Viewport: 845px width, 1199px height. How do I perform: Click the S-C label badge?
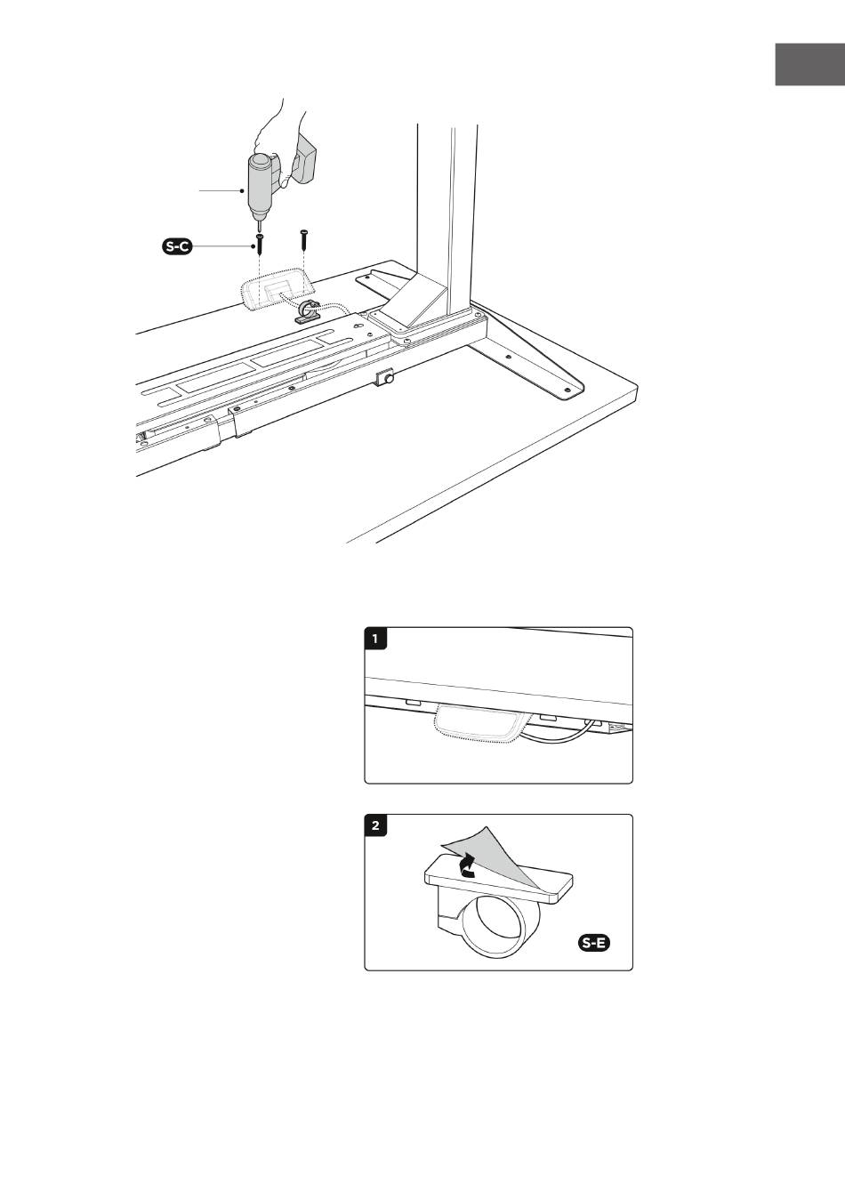[177, 246]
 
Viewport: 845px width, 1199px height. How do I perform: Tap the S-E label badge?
[594, 943]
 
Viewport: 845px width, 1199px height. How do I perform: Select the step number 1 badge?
[375, 639]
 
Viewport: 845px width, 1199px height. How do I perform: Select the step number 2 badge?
[375, 825]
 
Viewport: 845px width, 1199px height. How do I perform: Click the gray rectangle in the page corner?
[809, 64]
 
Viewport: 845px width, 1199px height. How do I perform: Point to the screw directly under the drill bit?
[260, 244]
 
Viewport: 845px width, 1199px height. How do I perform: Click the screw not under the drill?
[304, 238]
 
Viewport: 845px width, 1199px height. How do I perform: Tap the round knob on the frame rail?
[386, 377]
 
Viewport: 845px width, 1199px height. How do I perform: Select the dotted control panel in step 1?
[478, 724]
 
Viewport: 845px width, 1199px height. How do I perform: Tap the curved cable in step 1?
[557, 734]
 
